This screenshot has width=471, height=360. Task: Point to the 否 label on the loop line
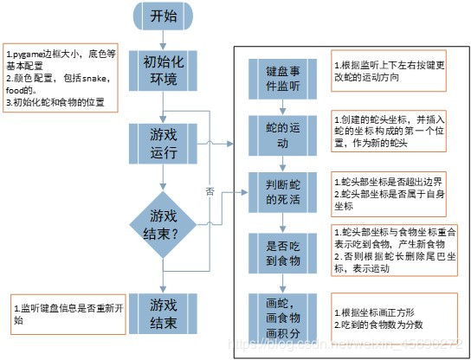click(x=210, y=192)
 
